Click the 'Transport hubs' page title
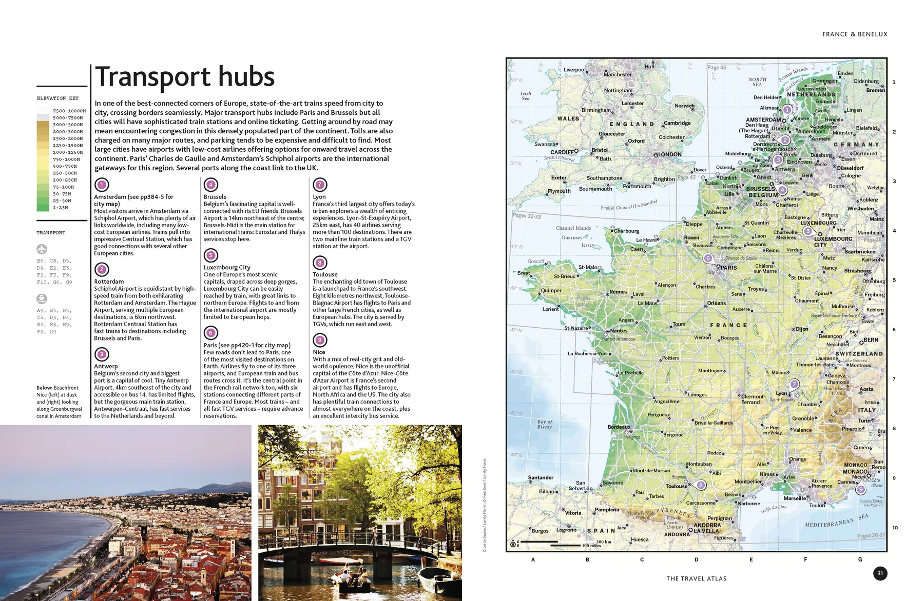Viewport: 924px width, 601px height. click(x=185, y=77)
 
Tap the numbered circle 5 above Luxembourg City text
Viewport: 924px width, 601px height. click(x=210, y=255)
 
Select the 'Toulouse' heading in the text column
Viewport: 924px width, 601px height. click(x=325, y=274)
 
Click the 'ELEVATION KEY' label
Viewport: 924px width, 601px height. click(x=58, y=98)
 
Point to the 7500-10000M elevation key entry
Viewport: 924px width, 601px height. click(x=69, y=111)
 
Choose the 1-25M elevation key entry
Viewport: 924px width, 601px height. click(x=60, y=208)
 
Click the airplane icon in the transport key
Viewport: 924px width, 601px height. click(x=42, y=249)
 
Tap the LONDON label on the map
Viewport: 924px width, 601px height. click(x=669, y=154)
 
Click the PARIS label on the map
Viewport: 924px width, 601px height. click(x=728, y=268)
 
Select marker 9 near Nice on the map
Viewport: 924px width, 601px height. click(x=861, y=489)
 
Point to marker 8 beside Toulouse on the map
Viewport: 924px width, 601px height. click(x=701, y=485)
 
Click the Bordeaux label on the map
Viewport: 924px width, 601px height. click(x=619, y=427)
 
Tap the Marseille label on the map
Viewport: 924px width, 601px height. click(x=795, y=498)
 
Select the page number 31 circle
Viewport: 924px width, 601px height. click(x=880, y=573)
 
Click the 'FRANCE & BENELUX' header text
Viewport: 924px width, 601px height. click(x=855, y=34)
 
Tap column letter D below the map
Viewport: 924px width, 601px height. click(x=697, y=559)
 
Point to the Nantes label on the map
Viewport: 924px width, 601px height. click(x=619, y=331)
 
